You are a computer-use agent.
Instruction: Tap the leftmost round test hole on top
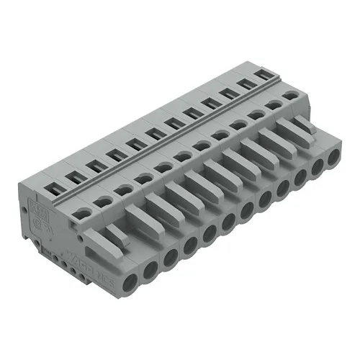point(84,212)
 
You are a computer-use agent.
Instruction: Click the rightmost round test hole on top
point(291,95)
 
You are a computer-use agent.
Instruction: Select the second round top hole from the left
point(104,201)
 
